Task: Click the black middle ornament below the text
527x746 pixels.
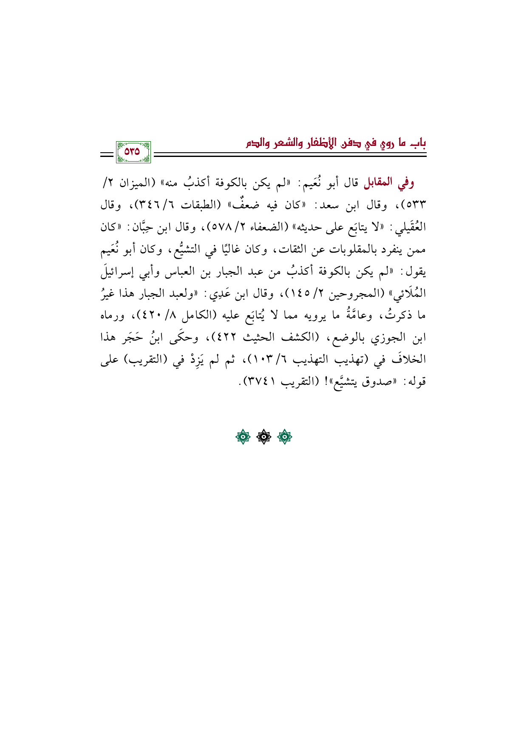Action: [x=263, y=437]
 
